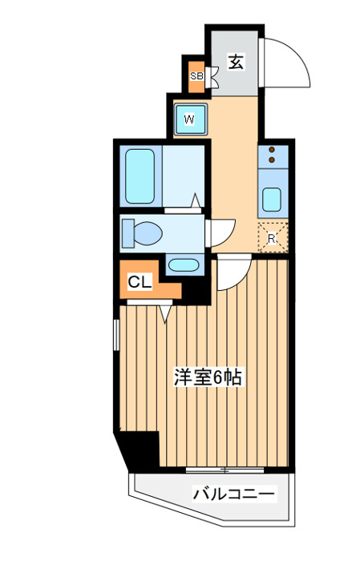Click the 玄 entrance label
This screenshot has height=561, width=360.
point(237,62)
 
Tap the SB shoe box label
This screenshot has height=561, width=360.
point(196,76)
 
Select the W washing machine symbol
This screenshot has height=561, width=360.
point(190,119)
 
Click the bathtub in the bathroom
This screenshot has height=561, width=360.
point(140,176)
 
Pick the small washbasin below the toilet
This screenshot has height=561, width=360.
point(184,265)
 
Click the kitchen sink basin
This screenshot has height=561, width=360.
point(272,200)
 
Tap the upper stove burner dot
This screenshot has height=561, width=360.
point(272,150)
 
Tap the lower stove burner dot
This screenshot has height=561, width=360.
point(272,160)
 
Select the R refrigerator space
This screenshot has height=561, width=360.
point(273,237)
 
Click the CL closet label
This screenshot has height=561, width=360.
point(140,283)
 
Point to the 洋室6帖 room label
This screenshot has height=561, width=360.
point(208,377)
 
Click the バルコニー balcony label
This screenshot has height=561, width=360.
point(233,494)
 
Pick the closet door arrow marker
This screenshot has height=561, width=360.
point(165,313)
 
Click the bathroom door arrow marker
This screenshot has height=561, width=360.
point(196,200)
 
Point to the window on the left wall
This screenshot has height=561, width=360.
point(116,335)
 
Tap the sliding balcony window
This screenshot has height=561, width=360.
point(225,470)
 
